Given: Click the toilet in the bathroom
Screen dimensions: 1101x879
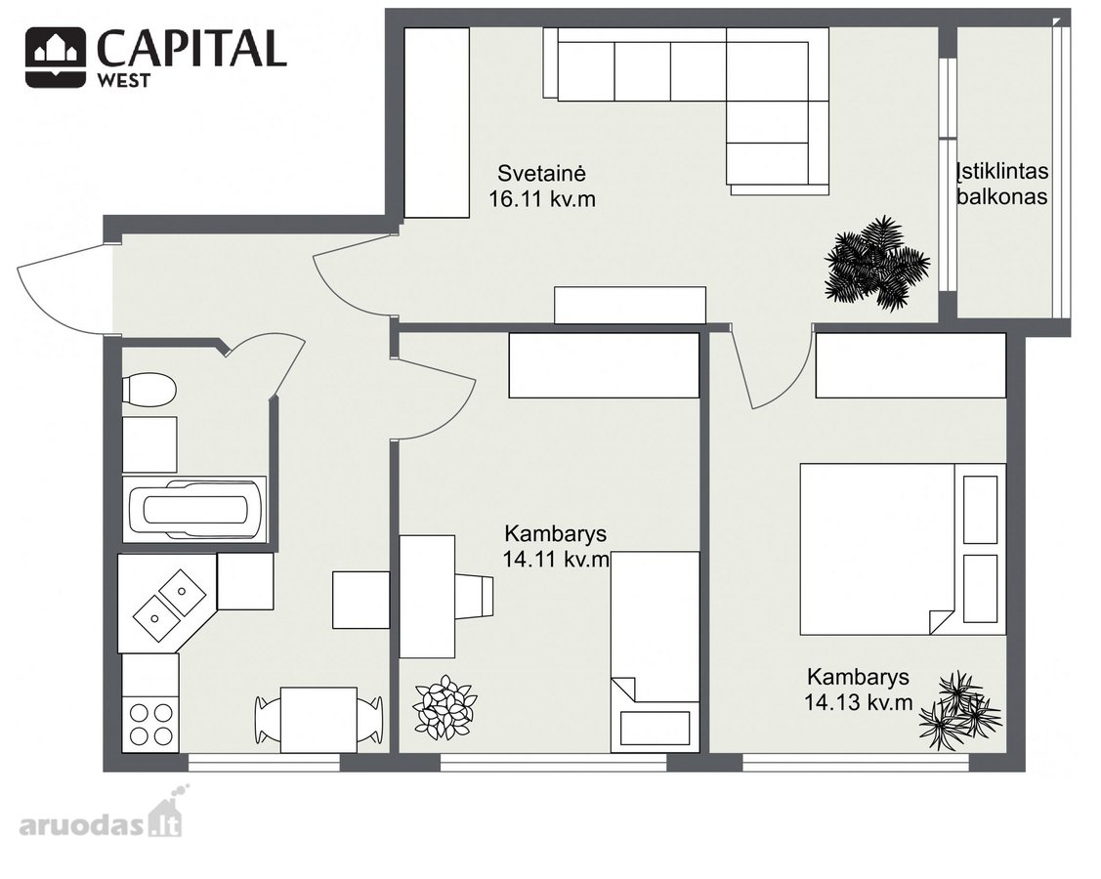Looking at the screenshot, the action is point(148,390).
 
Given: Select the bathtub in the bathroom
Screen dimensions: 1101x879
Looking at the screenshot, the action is point(194,509).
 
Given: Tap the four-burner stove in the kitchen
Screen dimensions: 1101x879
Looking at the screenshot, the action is point(151,725).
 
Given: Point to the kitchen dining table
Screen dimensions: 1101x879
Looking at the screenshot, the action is point(318,720).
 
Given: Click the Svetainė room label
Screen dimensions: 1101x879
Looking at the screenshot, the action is point(541,173).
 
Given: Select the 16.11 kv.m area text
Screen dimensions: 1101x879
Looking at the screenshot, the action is point(542,199).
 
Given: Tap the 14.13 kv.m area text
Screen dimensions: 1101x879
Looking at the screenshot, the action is point(858,702).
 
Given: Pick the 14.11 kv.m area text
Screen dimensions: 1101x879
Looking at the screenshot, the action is point(556,560).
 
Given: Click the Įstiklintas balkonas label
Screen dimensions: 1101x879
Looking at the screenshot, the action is point(1002,184).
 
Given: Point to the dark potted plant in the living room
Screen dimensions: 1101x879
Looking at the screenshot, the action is point(876,264).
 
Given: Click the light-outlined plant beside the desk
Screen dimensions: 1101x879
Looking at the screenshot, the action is point(445,707).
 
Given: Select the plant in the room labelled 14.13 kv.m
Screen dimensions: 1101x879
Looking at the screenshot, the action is point(960,711).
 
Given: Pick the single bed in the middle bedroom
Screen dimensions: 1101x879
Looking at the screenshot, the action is point(656,651).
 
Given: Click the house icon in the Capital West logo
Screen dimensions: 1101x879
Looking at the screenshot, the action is point(57,57).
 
